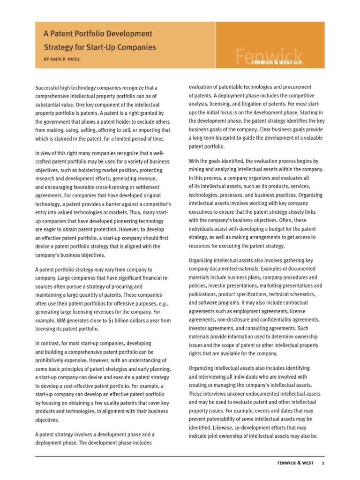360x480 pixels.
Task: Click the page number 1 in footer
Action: pos(323,464)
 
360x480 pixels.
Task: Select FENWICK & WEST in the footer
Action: pos(293,464)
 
